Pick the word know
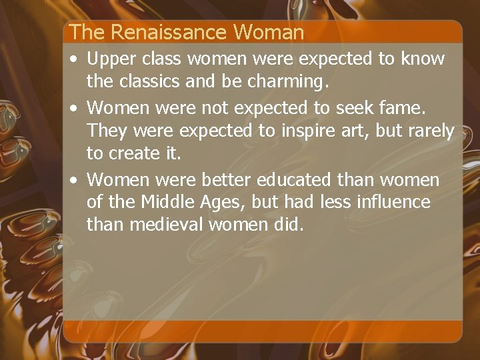tap(423, 59)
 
